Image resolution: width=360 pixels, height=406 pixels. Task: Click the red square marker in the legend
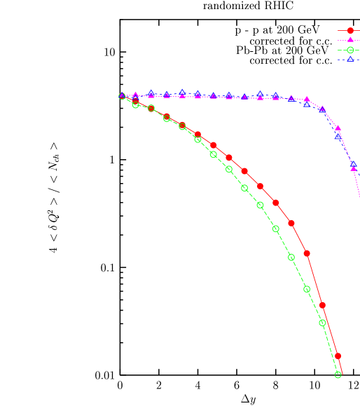click(351, 31)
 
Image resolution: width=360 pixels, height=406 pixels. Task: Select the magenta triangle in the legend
click(351, 40)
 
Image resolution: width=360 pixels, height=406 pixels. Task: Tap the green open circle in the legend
click(351, 50)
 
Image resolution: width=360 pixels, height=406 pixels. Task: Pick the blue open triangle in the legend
click(351, 59)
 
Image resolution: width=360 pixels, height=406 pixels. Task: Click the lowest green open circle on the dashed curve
click(338, 374)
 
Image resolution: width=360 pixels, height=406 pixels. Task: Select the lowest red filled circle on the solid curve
click(338, 356)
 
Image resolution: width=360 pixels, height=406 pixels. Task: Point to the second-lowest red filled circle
click(323, 305)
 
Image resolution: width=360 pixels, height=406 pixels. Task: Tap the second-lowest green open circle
click(323, 323)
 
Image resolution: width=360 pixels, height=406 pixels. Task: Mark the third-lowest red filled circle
click(307, 253)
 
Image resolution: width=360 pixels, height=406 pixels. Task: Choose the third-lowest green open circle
click(307, 289)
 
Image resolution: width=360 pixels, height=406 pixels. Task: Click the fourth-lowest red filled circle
click(291, 223)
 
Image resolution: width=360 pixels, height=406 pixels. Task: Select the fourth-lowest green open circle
click(291, 257)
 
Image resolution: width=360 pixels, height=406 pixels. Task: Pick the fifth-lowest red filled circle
click(276, 203)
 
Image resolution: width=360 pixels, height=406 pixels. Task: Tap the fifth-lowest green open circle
click(276, 229)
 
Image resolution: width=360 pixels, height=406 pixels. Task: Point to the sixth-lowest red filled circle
click(261, 187)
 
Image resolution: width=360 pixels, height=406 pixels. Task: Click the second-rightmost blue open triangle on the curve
click(338, 137)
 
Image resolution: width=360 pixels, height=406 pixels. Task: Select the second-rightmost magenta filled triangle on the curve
click(338, 128)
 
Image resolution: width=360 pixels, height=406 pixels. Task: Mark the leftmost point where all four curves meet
click(122, 96)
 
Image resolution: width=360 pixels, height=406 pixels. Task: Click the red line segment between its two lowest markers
click(331, 331)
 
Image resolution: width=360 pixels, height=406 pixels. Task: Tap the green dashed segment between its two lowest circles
click(331, 349)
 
